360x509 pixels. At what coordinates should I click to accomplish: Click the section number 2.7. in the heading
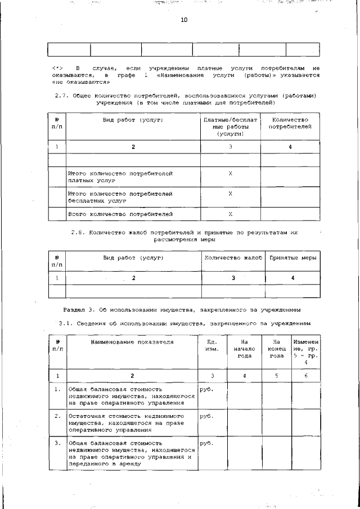coord(62,96)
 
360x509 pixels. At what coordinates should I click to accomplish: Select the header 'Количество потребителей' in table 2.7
coord(290,124)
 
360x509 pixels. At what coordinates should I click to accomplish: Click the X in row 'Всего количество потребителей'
coord(231,214)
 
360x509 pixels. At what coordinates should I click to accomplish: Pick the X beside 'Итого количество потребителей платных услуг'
coord(231,174)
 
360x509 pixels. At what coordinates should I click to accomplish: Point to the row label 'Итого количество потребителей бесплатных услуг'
coord(120,196)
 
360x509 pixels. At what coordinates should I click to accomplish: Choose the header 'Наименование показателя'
coord(132,341)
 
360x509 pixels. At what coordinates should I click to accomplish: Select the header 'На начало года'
coord(244,348)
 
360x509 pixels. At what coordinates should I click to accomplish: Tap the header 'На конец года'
coord(276,348)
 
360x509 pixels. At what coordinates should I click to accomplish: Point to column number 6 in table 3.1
coord(306,375)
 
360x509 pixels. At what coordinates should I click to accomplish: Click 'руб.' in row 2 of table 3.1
coord(206,416)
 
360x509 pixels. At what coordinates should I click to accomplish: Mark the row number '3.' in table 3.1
coord(57,443)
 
